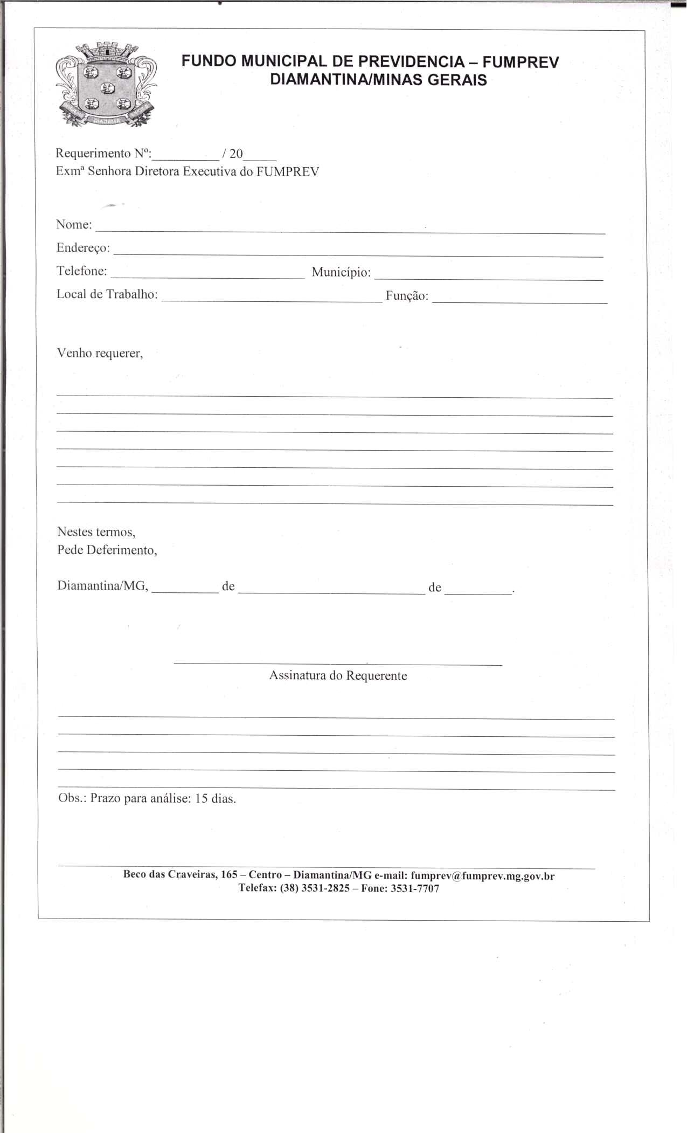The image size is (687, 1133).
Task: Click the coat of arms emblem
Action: (x=107, y=85)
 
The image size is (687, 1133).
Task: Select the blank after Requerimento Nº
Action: (x=186, y=159)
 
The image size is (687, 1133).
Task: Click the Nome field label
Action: (x=74, y=224)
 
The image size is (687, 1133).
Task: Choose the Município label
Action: (x=341, y=273)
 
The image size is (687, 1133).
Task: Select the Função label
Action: (x=407, y=296)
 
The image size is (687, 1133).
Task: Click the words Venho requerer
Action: (x=100, y=354)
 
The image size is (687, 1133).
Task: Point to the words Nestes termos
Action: (x=96, y=532)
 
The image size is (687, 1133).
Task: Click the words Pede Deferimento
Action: (x=107, y=550)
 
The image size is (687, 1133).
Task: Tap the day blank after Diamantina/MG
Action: (x=185, y=591)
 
